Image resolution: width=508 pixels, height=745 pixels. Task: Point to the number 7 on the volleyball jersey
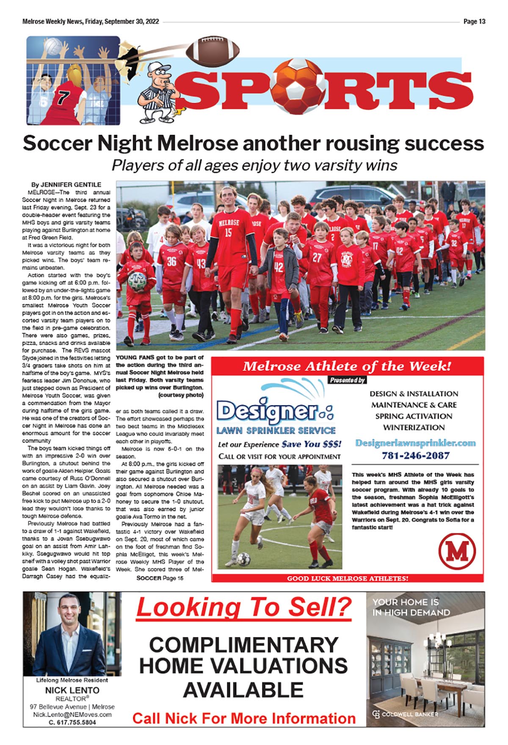pos(63,98)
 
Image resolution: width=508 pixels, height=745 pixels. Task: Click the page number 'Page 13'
pos(474,22)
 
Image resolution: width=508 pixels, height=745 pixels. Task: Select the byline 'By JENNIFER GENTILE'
pos(66,185)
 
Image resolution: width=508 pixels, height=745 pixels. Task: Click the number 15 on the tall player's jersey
pos(229,232)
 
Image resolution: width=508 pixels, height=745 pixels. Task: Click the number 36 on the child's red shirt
pos(171,261)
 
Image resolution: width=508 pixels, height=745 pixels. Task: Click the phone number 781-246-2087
pos(415,455)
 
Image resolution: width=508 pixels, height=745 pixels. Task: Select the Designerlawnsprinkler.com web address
pos(415,443)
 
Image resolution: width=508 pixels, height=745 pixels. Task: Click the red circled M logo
pos(457,551)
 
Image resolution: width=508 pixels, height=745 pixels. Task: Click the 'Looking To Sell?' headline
pos(244,607)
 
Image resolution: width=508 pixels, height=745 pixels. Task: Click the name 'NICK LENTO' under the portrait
pos(72,690)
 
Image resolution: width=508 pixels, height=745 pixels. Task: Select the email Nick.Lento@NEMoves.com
pos(72,714)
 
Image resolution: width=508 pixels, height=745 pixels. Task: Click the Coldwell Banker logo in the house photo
pos(405,714)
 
